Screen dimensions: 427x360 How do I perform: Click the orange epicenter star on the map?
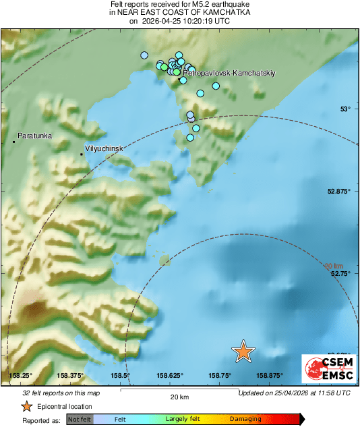(243, 351)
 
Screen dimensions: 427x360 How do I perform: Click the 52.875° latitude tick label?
(339, 192)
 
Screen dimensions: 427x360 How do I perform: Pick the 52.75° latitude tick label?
(341, 274)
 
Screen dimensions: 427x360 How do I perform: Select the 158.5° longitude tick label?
(120, 376)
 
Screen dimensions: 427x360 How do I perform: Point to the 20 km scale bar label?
(179, 397)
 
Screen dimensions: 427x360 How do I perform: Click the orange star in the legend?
(26, 406)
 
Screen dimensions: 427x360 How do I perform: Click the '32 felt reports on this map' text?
(61, 393)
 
